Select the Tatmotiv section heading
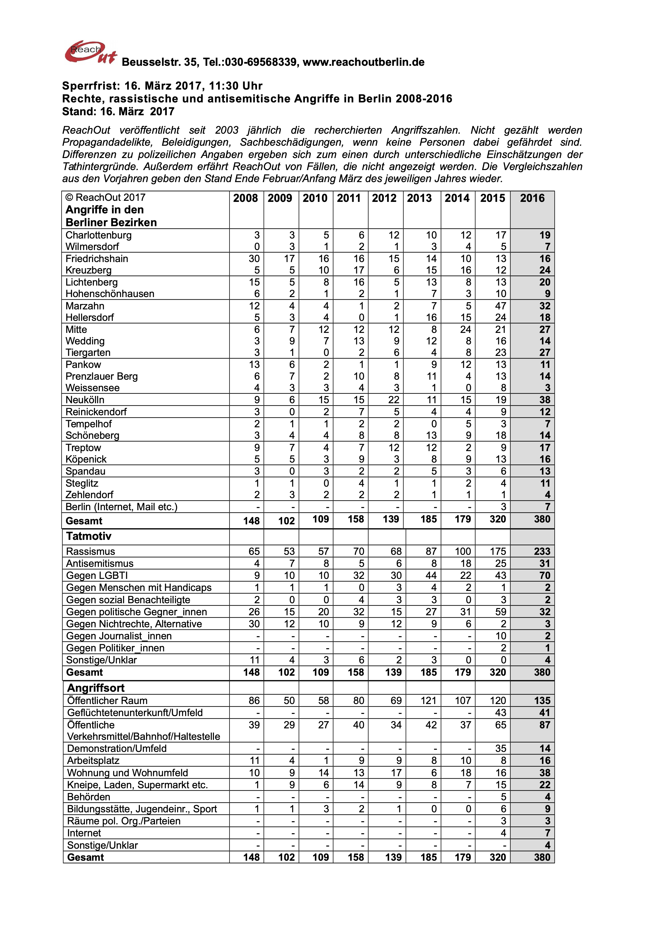(89, 536)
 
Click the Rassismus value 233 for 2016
(542, 552)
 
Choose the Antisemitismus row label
(100, 564)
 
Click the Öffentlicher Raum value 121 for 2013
(428, 701)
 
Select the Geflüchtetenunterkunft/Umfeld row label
(135, 713)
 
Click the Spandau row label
(85, 471)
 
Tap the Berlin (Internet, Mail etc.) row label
(121, 507)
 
